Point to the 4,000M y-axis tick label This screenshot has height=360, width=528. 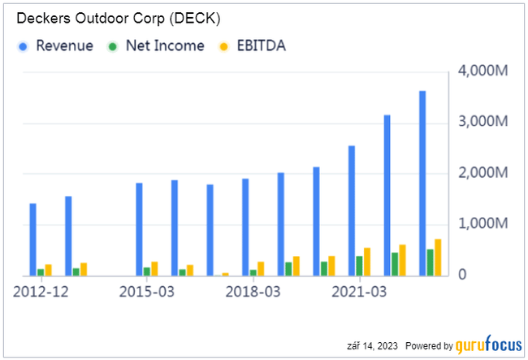point(485,72)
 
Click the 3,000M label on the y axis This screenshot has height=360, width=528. point(485,122)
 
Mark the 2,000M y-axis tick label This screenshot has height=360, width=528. point(485,173)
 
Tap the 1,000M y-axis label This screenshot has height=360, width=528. point(485,224)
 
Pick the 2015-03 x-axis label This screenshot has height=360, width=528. point(147,291)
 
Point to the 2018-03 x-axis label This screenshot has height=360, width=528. point(253,291)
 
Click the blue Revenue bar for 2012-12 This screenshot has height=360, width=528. point(32,240)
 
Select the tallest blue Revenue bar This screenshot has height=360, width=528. point(422,183)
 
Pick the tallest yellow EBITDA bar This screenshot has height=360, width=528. point(438,258)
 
